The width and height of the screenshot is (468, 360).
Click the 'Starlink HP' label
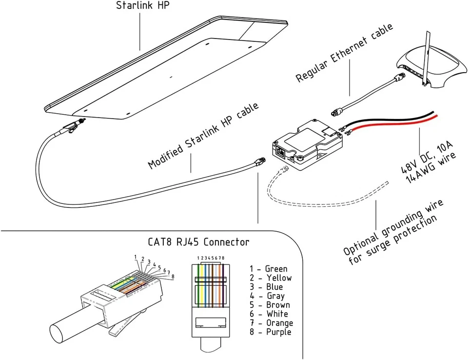139,6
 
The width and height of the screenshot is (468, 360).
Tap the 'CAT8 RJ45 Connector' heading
198,242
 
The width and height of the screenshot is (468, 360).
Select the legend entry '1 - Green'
269,269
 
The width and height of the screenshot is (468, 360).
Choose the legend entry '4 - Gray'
267,296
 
